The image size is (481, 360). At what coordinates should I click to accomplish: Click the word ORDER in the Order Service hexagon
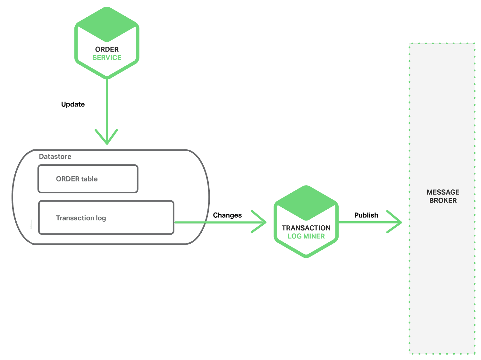coord(107,49)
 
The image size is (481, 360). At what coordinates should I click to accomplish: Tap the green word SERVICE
coord(107,58)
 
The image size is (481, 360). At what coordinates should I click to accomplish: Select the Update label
coord(73,105)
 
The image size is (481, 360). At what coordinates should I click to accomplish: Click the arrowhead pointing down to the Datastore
coord(106,138)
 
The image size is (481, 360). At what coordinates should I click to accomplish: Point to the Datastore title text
coord(55,157)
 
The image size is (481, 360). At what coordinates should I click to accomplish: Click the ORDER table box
coord(88,179)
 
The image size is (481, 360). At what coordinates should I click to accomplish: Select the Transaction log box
coord(106,218)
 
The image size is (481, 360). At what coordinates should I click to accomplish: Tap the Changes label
coord(227,215)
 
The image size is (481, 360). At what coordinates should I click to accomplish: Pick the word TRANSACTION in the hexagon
coord(306,228)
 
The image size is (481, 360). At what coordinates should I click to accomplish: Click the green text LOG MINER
coord(306,236)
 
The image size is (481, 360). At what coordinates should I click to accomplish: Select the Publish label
coord(366,215)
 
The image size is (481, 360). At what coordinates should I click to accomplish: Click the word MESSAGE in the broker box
coord(443,192)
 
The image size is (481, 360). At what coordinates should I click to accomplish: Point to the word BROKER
coord(443,201)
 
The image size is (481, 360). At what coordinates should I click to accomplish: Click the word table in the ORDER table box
coord(89,179)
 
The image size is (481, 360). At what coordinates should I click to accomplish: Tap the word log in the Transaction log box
coord(101,218)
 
